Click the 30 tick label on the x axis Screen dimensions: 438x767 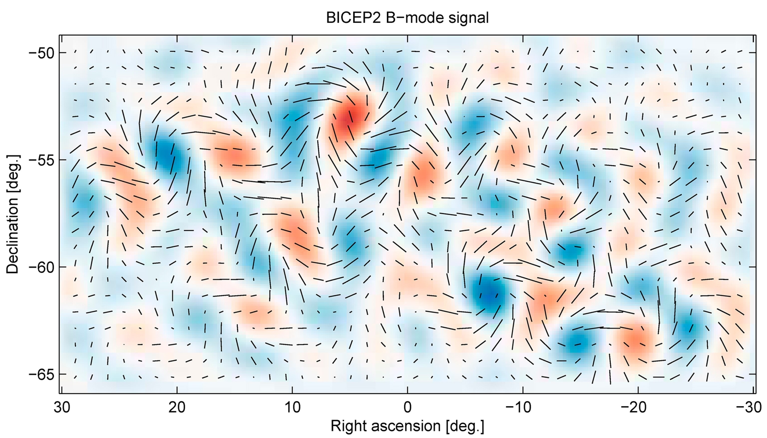pos(62,408)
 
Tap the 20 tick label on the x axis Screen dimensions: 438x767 pos(177,408)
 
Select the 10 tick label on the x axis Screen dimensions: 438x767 pos(292,408)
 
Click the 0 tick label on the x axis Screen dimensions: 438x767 pos(407,408)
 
